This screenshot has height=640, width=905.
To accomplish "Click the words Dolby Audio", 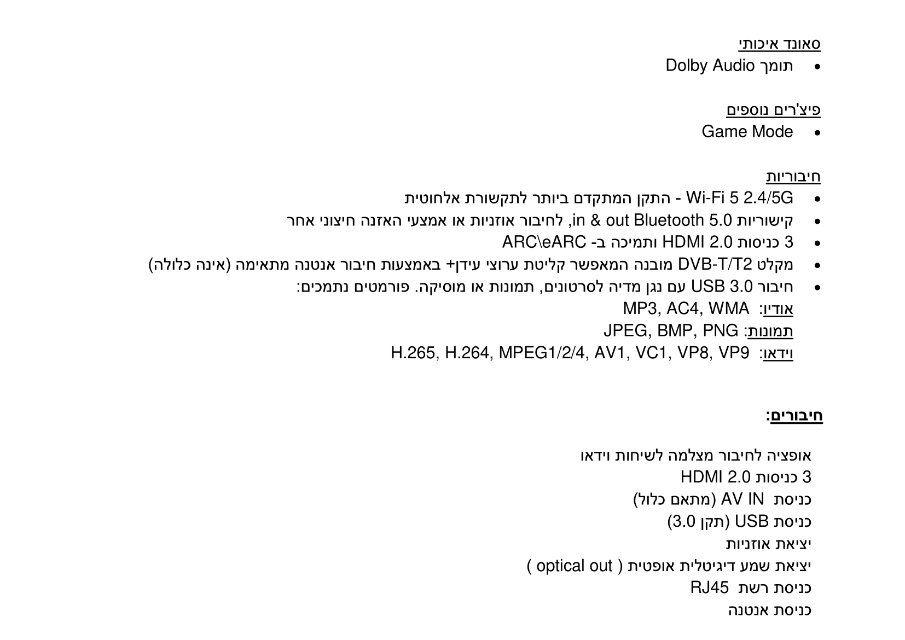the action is point(710,66).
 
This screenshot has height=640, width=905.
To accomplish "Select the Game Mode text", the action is point(747,132).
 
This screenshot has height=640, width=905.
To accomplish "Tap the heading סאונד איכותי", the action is point(779,44).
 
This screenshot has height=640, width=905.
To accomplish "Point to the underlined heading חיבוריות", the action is point(793,177).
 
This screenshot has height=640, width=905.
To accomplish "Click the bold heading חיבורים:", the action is point(794,416).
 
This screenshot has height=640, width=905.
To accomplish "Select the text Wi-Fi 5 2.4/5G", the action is point(739,198).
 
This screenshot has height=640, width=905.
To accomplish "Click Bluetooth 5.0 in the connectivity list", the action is point(683,220).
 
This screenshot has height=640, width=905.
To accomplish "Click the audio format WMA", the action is point(729,309).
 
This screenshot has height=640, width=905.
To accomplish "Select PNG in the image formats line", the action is point(721,331).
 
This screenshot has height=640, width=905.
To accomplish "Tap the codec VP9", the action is point(734,353).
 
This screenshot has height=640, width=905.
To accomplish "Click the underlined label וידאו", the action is point(778,354).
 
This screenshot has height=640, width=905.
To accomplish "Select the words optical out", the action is point(574,566).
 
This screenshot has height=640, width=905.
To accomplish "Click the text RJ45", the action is point(710,588).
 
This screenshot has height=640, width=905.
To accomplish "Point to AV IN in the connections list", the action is point(742,499).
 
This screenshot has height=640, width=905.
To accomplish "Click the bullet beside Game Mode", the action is point(817,133).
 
